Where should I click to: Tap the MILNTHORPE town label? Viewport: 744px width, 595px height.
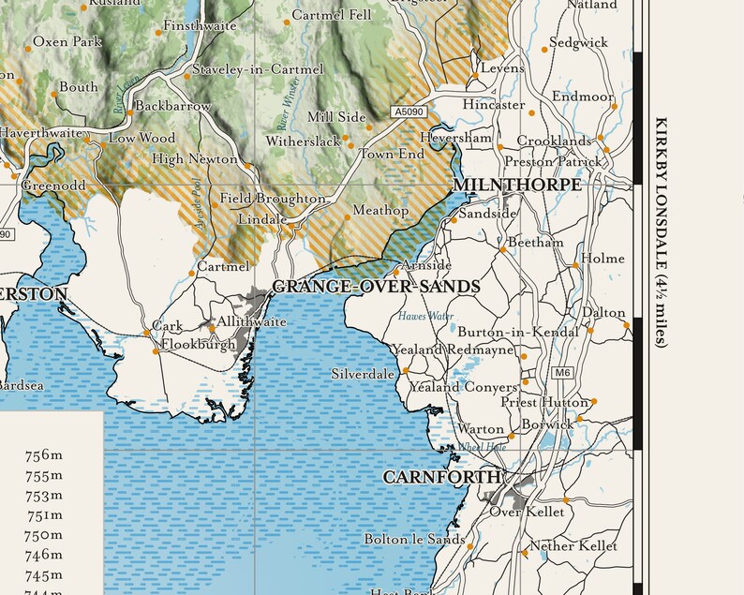click(516, 185)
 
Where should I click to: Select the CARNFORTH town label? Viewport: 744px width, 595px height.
click(441, 477)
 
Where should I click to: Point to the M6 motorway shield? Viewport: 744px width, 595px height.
click(562, 373)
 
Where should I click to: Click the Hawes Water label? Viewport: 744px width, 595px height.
click(425, 317)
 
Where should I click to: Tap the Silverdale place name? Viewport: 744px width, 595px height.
click(363, 374)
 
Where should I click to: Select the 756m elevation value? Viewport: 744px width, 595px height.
click(44, 455)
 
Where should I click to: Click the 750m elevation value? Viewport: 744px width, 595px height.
click(44, 535)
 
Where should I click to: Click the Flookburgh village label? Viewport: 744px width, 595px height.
click(198, 345)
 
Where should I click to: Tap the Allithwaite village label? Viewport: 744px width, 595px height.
click(251, 321)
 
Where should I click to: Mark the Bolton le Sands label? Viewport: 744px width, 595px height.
click(414, 539)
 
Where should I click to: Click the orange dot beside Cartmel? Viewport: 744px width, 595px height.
click(192, 274)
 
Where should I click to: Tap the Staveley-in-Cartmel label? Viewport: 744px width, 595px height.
click(258, 69)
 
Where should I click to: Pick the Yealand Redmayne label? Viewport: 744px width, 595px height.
click(454, 350)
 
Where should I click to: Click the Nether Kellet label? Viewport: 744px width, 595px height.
click(573, 545)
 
